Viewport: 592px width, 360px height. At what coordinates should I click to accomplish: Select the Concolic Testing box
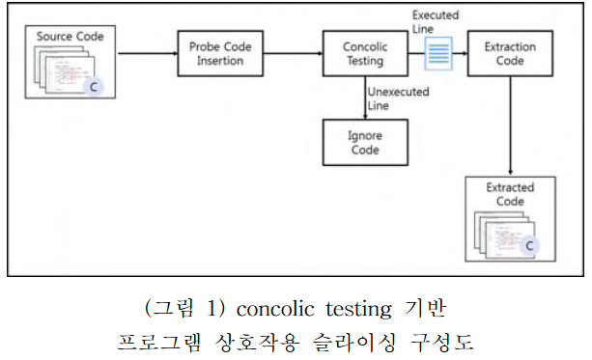(363, 54)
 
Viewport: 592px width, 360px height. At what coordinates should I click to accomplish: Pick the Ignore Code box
(364, 143)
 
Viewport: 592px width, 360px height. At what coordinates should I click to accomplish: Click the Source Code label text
(70, 37)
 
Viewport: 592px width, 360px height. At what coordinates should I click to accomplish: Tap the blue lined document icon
(438, 55)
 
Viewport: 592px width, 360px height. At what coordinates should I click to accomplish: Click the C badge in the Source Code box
(94, 87)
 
